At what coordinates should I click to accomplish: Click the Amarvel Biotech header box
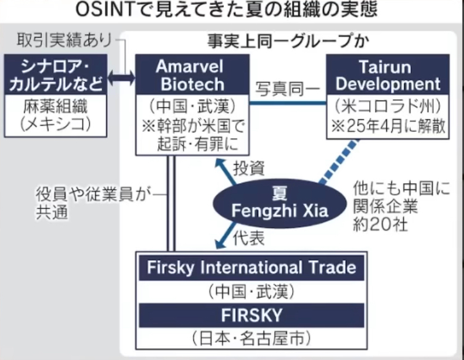(192, 75)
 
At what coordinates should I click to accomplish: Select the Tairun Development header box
(388, 75)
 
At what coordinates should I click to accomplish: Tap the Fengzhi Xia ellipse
(280, 203)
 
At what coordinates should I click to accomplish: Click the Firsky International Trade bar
(251, 268)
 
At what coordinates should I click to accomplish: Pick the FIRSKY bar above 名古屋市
(251, 315)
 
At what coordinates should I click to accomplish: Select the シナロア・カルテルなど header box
(55, 75)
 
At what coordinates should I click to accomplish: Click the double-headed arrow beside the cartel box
(121, 79)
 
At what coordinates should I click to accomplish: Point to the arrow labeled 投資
(226, 171)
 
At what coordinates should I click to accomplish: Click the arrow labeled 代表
(226, 235)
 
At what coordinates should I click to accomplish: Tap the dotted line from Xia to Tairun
(339, 162)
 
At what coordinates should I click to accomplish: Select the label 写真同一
(288, 89)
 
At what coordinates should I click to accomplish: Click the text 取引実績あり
(64, 40)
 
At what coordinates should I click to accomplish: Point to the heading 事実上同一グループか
(288, 41)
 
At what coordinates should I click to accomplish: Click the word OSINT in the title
(105, 9)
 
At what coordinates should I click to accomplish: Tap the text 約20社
(381, 224)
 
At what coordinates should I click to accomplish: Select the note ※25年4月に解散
(388, 126)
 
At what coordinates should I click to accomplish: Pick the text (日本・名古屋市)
(251, 338)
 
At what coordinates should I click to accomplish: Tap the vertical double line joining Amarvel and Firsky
(171, 203)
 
